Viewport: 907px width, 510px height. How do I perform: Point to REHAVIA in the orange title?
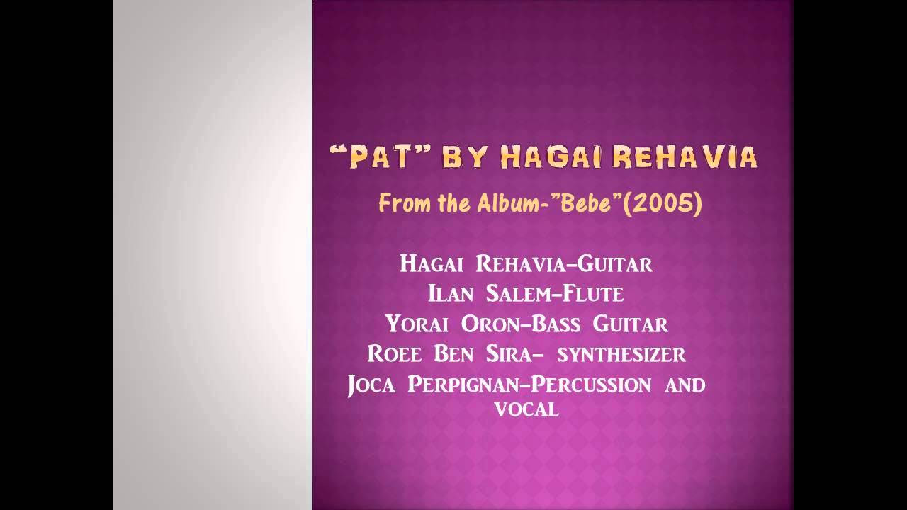(x=685, y=157)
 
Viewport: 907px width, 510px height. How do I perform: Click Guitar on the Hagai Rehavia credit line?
(x=614, y=264)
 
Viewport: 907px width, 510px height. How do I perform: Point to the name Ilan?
(x=451, y=294)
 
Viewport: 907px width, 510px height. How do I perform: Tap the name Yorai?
(x=417, y=324)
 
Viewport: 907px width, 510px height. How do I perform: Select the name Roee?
(x=395, y=354)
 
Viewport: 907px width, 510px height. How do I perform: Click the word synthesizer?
(x=621, y=355)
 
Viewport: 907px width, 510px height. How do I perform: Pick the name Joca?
(x=371, y=385)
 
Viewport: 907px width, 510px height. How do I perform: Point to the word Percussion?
(x=591, y=385)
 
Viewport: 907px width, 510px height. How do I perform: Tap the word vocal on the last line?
(x=526, y=409)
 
